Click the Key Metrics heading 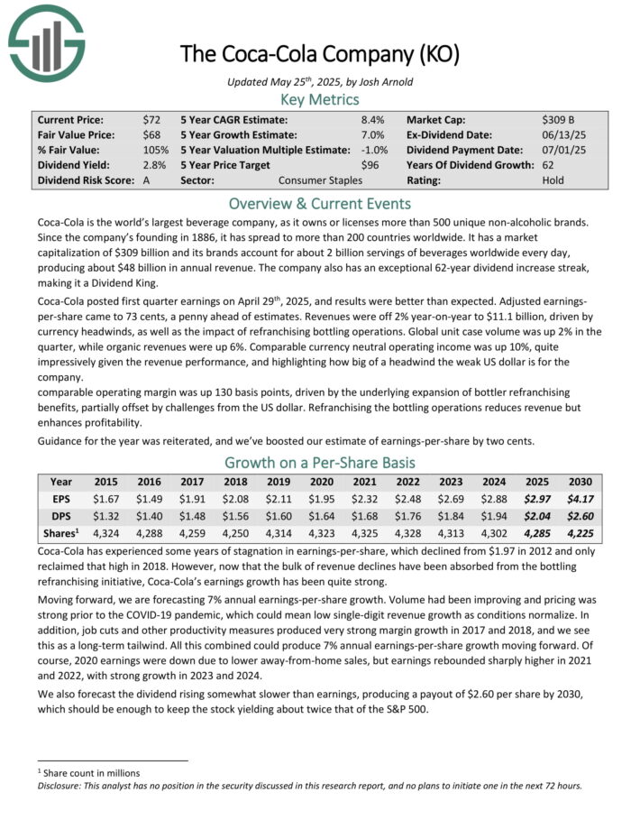coord(320,99)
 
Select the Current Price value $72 coord(151,119)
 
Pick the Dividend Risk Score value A coord(146,180)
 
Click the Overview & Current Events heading coord(320,202)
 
